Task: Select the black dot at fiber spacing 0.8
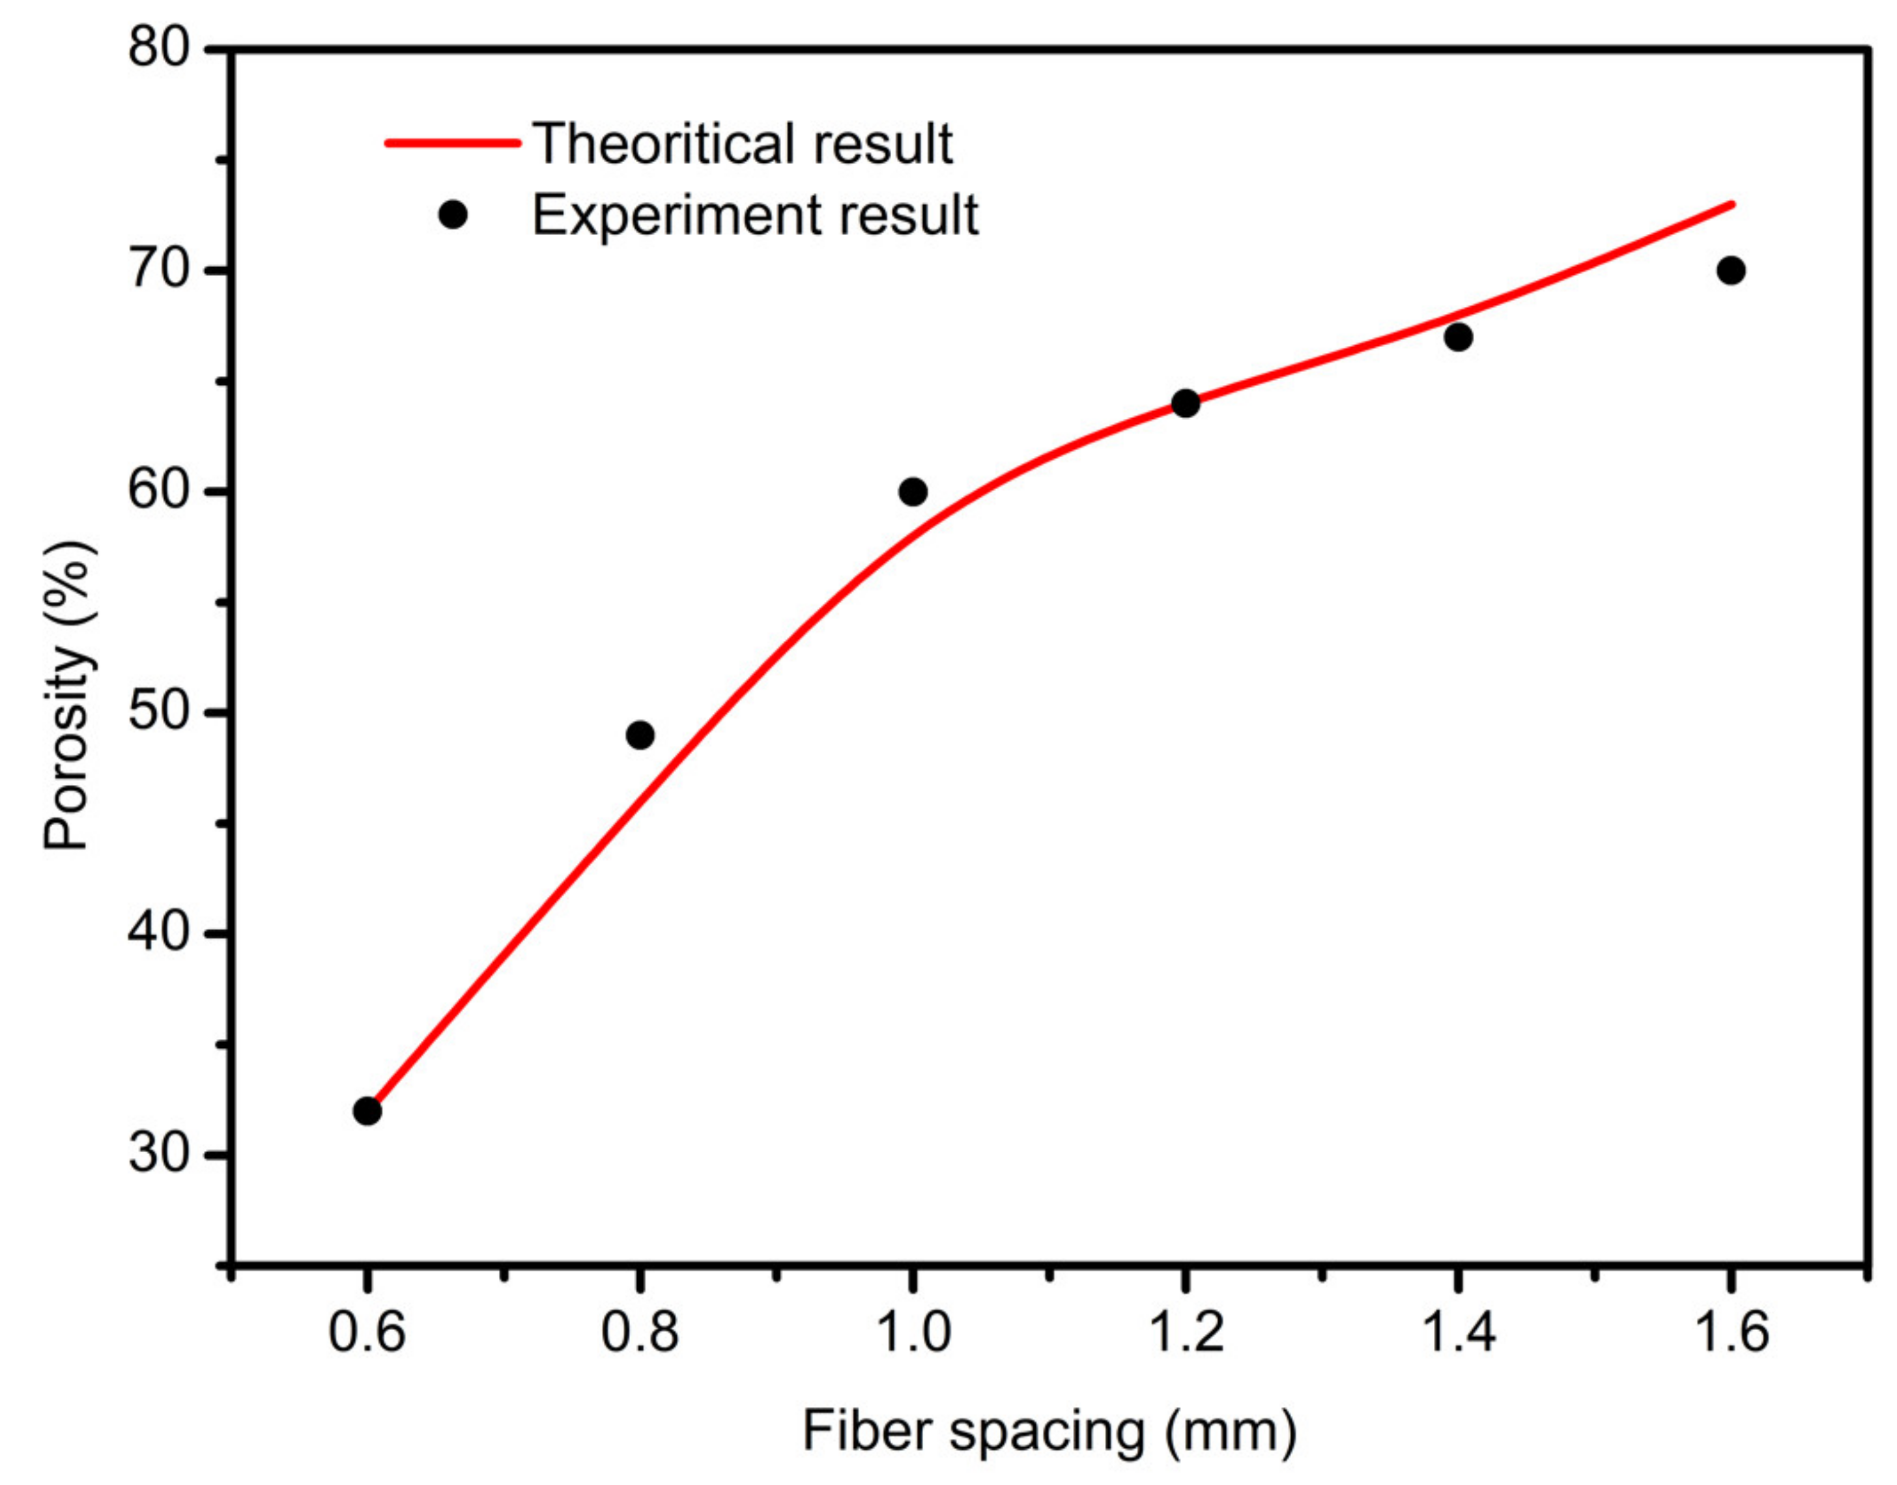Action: [x=640, y=735]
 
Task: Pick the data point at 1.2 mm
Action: [x=1185, y=403]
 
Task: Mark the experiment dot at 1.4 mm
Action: [x=1458, y=337]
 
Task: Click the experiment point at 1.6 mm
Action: [x=1730, y=270]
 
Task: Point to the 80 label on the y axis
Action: [x=158, y=47]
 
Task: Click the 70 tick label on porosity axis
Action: [x=158, y=270]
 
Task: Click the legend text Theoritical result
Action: [x=743, y=143]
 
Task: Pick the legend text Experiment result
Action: [x=754, y=216]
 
